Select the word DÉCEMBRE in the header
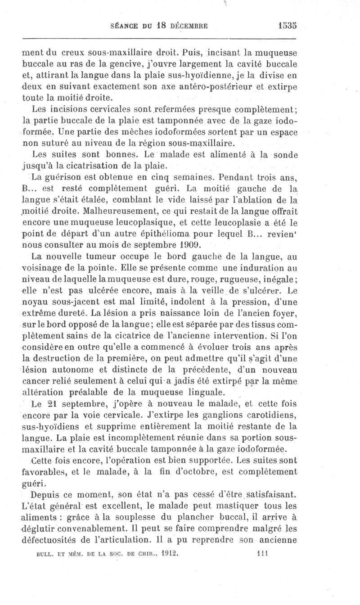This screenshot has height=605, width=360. [x=184, y=26]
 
